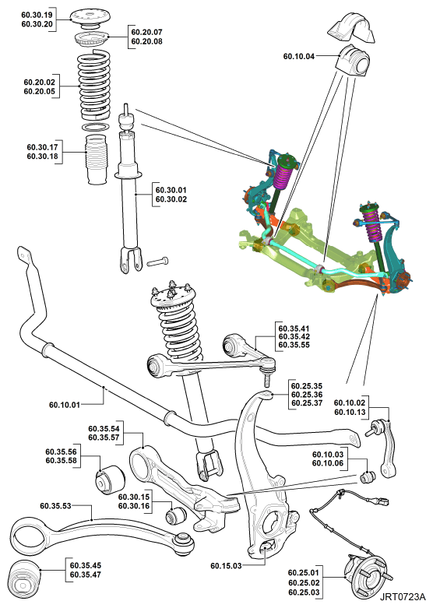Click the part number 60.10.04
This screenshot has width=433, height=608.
pyautogui.click(x=299, y=57)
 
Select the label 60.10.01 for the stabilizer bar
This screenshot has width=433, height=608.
pyautogui.click(x=65, y=405)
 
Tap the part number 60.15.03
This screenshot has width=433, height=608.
pyautogui.click(x=226, y=566)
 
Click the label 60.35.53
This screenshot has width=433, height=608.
pyautogui.click(x=55, y=506)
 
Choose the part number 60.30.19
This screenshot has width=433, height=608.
pyautogui.click(x=37, y=15)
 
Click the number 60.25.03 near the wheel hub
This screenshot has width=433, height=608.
pyautogui.click(x=304, y=592)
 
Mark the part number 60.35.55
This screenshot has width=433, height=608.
pyautogui.click(x=294, y=345)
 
